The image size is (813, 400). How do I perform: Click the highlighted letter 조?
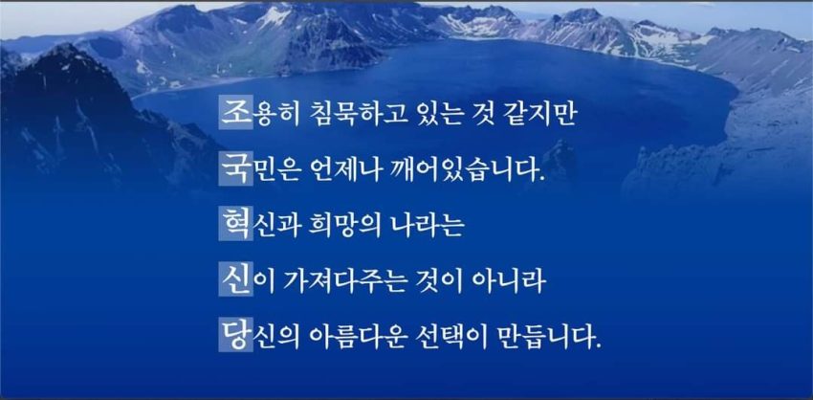[x=236, y=112]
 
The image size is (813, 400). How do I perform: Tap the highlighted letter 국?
[x=236, y=169]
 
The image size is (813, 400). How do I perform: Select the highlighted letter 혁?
[x=236, y=224]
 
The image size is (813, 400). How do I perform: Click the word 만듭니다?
[x=549, y=337]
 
